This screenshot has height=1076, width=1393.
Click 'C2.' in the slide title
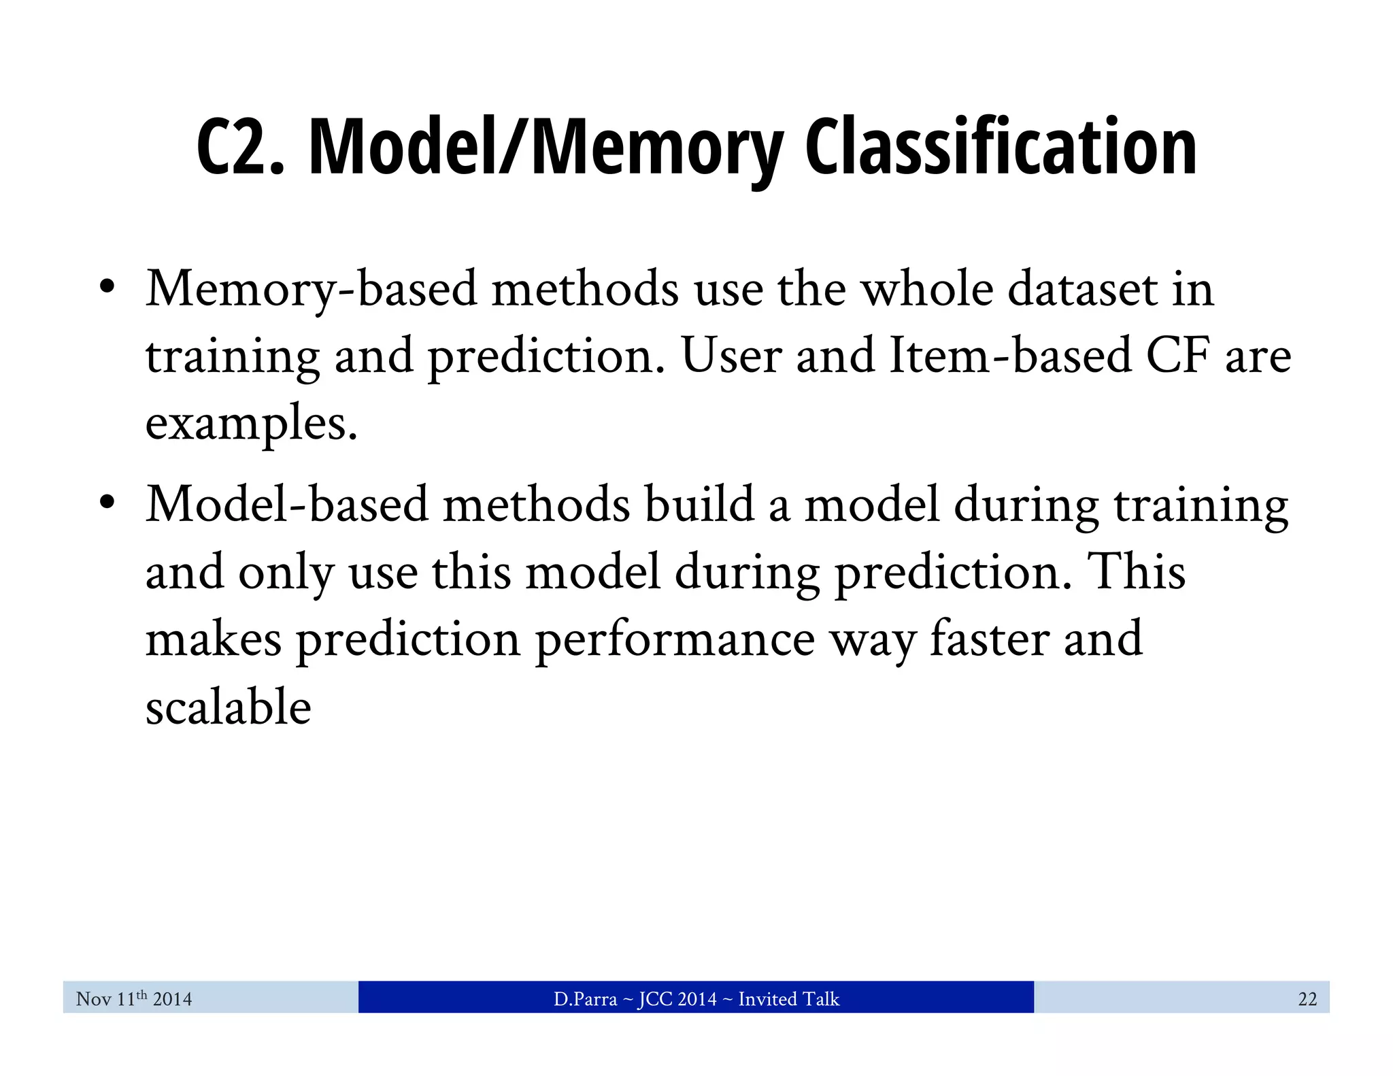239,148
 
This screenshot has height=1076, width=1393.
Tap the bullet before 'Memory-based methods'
106,287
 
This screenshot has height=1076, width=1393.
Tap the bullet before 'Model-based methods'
106,503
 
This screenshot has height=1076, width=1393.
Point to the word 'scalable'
229,707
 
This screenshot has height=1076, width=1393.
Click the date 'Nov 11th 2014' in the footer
134,998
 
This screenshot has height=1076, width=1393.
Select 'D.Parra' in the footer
585,998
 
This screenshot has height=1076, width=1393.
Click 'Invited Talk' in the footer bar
788,998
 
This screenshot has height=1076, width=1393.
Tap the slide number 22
1307,998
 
